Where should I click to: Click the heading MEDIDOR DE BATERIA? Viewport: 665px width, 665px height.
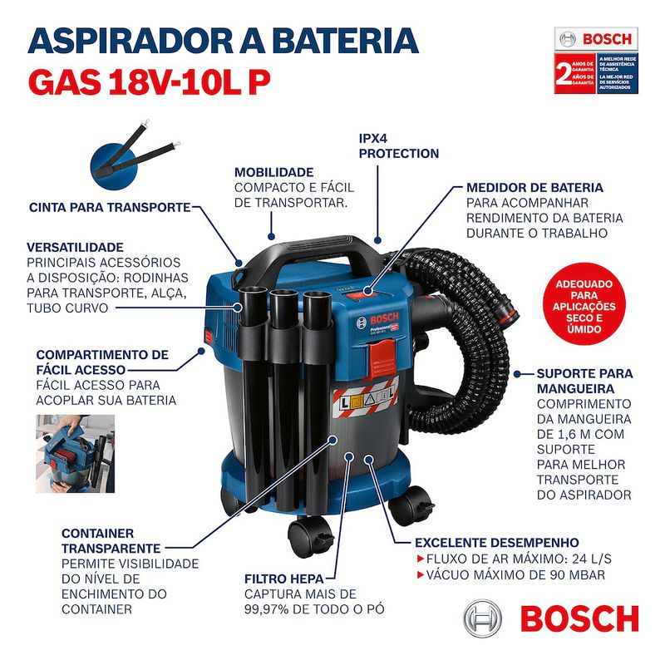click(534, 188)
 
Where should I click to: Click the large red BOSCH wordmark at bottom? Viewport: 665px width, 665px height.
click(579, 619)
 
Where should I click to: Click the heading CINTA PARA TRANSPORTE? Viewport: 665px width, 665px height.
click(110, 207)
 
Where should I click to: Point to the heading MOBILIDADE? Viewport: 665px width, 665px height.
click(274, 171)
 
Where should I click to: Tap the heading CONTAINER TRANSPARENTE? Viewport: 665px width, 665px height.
click(111, 540)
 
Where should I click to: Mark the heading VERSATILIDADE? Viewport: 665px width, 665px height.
click(76, 247)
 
